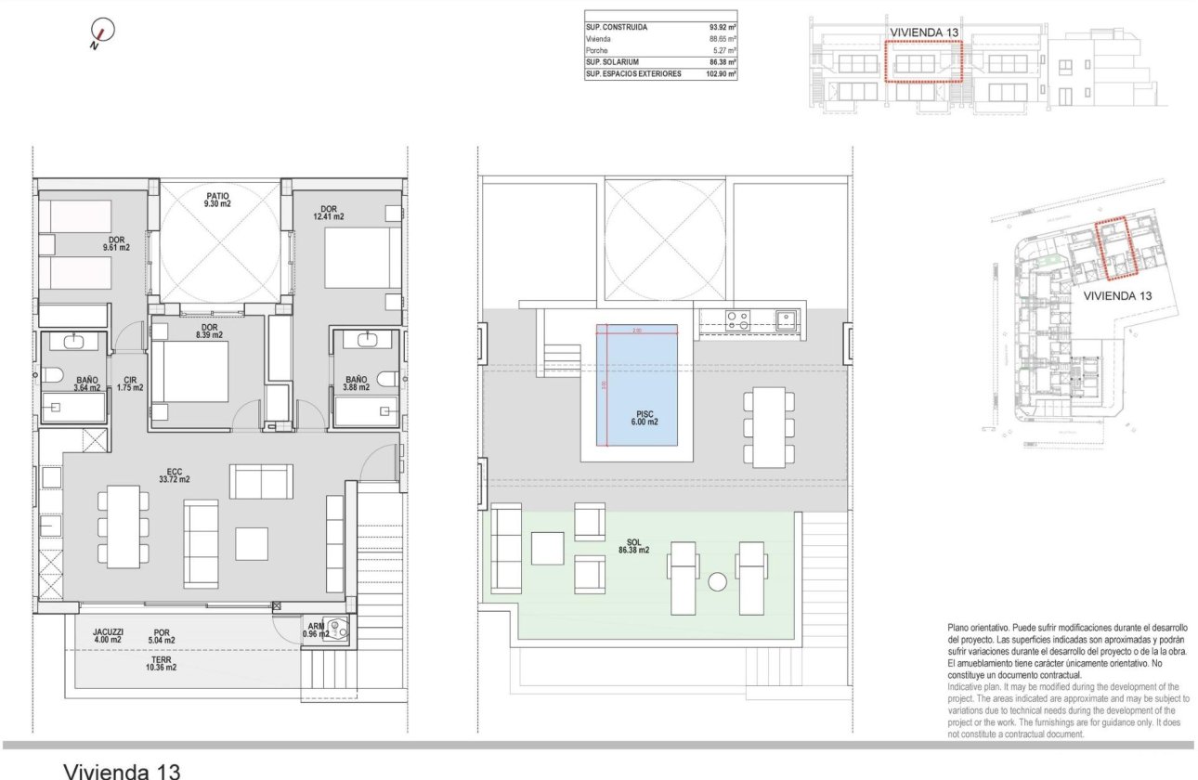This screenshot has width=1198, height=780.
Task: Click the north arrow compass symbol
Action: click(x=103, y=32)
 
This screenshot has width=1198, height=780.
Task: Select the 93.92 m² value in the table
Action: click(x=722, y=28)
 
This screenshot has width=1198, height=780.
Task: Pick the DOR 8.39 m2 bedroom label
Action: click(x=209, y=331)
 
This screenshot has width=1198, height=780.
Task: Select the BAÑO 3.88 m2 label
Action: click(x=357, y=383)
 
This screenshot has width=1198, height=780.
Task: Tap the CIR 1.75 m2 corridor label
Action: click(x=130, y=383)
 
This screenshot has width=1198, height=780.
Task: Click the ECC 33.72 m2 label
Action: click(x=174, y=474)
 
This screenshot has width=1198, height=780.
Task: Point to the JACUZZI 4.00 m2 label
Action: click(x=109, y=635)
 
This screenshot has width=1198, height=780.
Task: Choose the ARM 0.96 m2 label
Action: click(x=317, y=631)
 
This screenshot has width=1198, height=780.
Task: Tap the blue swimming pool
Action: click(x=637, y=384)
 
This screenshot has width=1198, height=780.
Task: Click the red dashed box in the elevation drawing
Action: click(x=922, y=61)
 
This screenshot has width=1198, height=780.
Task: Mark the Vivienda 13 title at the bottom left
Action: click(x=120, y=769)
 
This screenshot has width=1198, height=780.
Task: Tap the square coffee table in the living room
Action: click(x=251, y=543)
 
